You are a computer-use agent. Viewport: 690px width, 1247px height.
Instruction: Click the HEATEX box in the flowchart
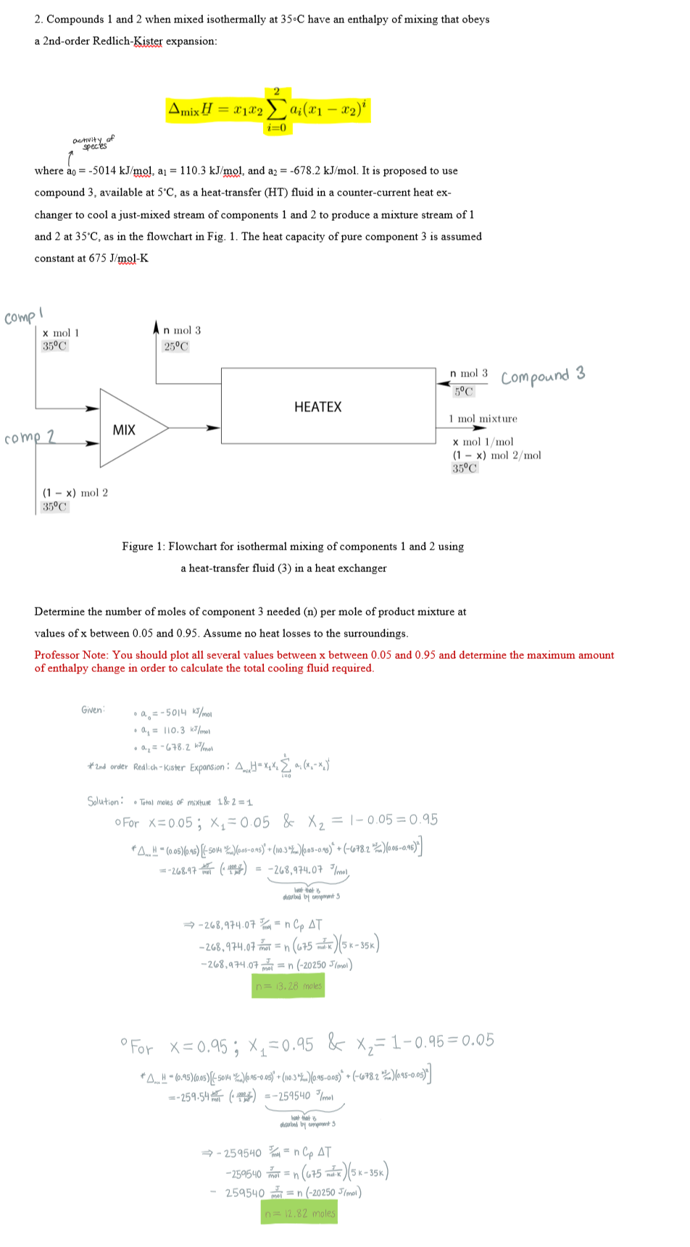[x=317, y=407]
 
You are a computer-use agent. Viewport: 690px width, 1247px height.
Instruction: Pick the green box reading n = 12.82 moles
[x=299, y=1213]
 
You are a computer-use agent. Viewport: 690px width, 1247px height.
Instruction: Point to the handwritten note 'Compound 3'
[x=542, y=377]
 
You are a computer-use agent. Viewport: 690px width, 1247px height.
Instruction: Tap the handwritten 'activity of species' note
[x=93, y=141]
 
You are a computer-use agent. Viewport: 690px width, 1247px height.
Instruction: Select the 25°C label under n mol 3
[x=176, y=346]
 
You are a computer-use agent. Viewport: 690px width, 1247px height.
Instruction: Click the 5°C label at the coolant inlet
[x=464, y=392]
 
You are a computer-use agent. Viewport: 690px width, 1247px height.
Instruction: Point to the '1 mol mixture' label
[x=483, y=419]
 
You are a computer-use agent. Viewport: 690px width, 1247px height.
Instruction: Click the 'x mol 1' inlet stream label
[x=61, y=333]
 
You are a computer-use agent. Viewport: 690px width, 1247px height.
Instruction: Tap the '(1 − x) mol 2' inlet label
[x=75, y=493]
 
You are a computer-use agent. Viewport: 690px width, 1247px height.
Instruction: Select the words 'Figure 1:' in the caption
[x=144, y=547]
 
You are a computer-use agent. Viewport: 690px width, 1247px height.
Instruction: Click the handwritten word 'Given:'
[x=93, y=710]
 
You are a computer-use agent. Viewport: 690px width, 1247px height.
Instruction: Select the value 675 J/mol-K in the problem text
[x=118, y=259]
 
